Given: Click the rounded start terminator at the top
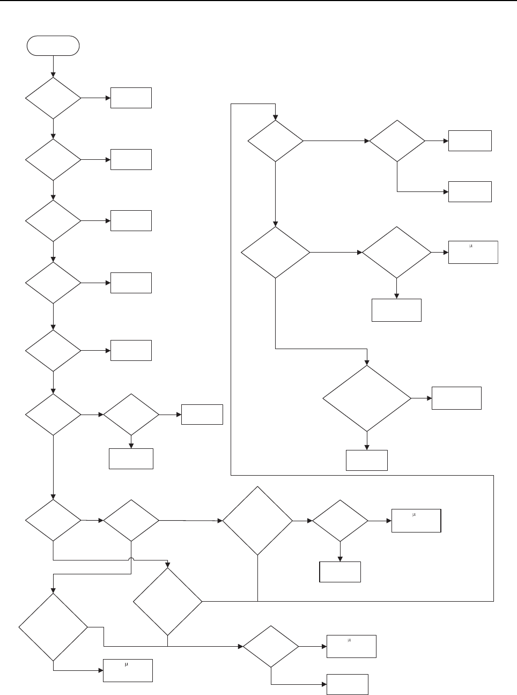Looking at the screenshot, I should click(53, 46).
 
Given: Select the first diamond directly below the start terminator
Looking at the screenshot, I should click(53, 98).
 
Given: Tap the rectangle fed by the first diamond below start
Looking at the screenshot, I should click(131, 98).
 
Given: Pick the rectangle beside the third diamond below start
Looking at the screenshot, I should click(131, 220).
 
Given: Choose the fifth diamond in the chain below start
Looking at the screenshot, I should click(53, 351).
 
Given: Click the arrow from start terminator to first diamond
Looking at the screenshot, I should click(53, 66).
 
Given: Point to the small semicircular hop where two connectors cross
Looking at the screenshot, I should click(131, 559).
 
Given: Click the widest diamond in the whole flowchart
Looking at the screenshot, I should click(367, 398).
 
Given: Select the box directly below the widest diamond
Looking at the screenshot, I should click(367, 460).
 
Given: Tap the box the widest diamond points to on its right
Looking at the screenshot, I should click(456, 398).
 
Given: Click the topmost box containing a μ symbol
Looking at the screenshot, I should click(473, 252).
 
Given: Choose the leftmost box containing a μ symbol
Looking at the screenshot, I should click(128, 670).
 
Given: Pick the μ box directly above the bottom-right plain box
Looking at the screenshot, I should click(351, 646).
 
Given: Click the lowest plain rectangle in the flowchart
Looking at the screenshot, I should click(348, 684).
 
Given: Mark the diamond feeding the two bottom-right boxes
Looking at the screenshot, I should click(271, 646).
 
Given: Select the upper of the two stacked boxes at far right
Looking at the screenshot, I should click(470, 141).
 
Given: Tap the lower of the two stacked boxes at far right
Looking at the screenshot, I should click(470, 191).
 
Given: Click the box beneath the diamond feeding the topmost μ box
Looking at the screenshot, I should click(396, 310).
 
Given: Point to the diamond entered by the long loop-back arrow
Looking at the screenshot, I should click(275, 141).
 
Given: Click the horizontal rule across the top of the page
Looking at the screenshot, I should click(258, 1).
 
